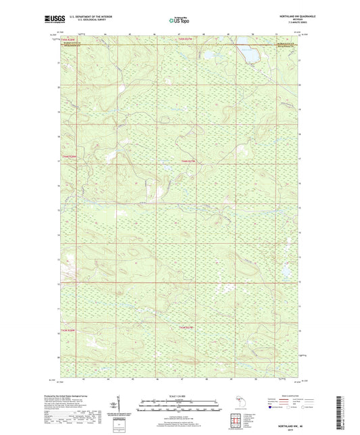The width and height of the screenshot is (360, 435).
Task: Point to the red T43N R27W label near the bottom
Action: click(187, 328)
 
